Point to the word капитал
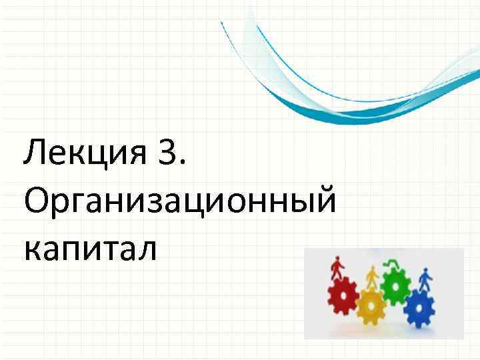point(90,248)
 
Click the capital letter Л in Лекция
point(33,155)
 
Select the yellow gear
point(371,306)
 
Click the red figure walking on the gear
point(337,269)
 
